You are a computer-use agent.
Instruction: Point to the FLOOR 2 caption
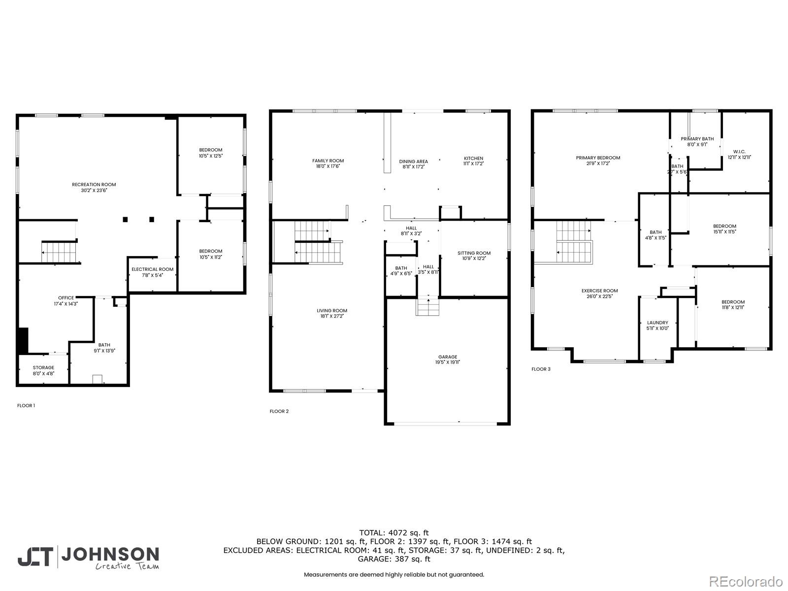point(279,411)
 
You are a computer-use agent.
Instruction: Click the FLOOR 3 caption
point(541,369)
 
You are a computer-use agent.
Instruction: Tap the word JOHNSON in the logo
point(110,555)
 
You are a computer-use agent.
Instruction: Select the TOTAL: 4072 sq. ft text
point(394,532)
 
